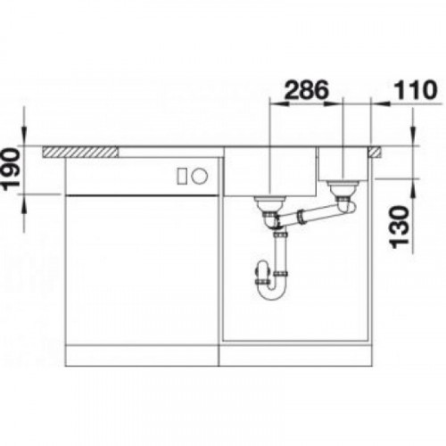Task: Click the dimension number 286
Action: [307, 90]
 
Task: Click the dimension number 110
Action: [416, 90]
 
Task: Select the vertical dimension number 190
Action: [12, 169]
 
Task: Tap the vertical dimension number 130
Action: [400, 227]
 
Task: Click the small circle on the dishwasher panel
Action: [199, 176]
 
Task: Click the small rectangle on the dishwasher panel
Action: [182, 176]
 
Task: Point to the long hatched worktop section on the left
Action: [80, 152]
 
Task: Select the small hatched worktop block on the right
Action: [376, 152]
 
